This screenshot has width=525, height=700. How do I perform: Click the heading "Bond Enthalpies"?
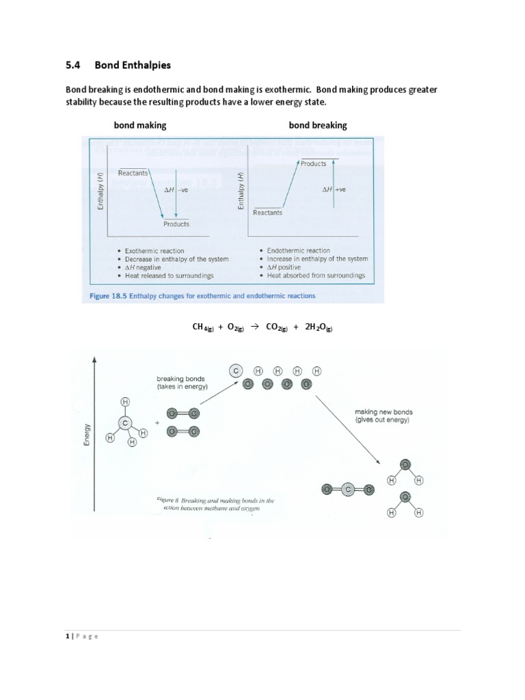click(133, 66)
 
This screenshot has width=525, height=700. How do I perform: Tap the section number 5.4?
click(73, 66)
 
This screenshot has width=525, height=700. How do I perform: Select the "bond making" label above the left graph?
click(140, 126)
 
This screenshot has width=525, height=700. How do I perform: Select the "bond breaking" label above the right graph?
click(318, 126)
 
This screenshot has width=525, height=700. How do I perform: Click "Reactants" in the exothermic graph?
click(133, 174)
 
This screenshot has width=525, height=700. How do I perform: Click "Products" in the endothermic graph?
click(313, 164)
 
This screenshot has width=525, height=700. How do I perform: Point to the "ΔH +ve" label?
click(334, 189)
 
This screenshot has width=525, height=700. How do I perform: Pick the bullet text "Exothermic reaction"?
click(154, 251)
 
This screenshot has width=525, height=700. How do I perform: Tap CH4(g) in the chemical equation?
click(203, 327)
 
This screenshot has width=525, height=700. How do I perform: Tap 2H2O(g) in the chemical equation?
click(319, 327)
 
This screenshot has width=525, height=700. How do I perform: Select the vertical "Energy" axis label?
click(87, 435)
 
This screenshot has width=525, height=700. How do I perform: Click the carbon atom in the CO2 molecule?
click(348, 489)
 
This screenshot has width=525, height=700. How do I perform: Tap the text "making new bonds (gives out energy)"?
click(383, 416)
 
